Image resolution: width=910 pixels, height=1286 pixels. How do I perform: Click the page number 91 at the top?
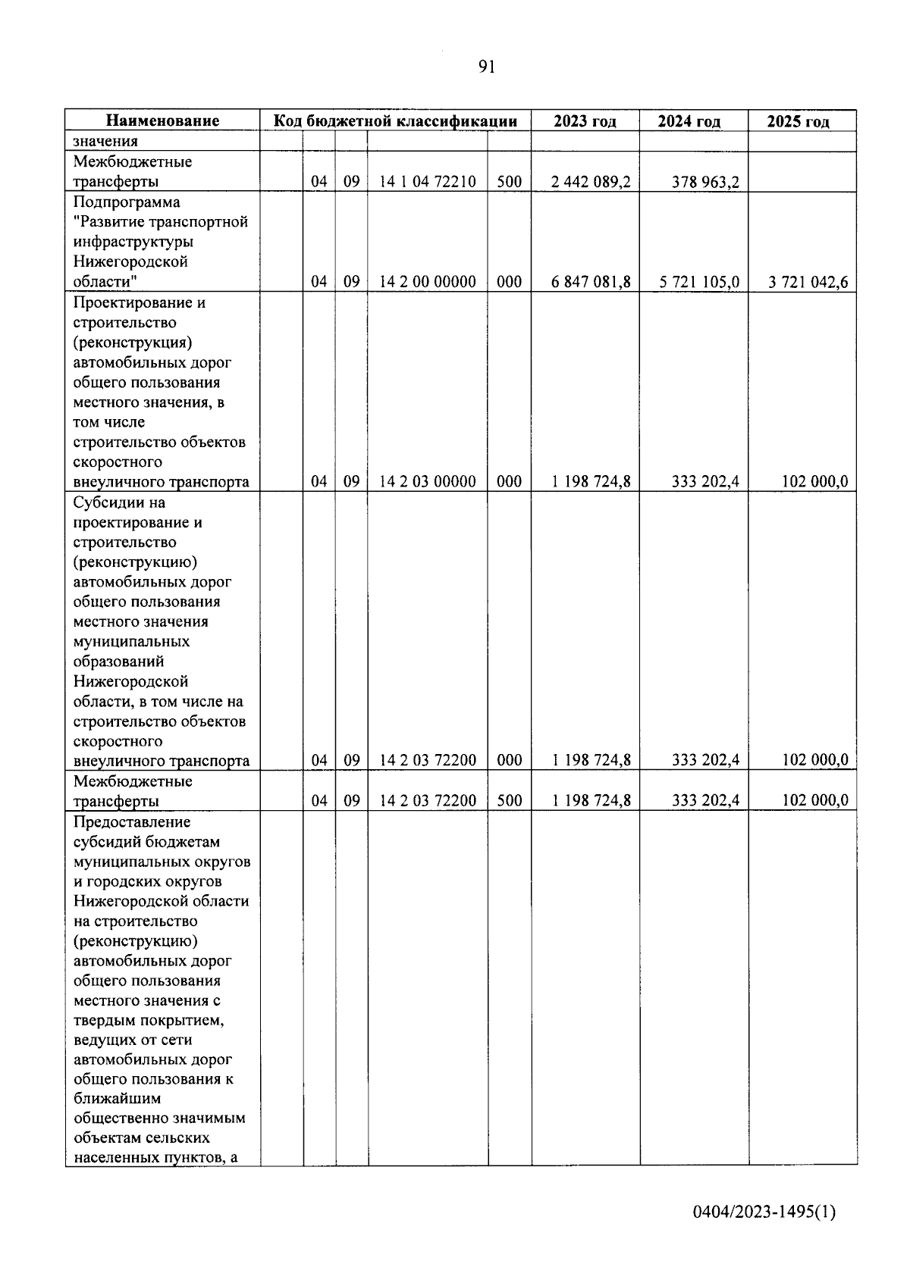pyautogui.click(x=487, y=67)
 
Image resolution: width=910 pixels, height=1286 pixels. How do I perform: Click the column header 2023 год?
pyautogui.click(x=585, y=121)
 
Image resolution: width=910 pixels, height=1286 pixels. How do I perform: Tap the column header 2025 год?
pyautogui.click(x=798, y=121)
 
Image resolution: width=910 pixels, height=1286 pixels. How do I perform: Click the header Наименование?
pyautogui.click(x=163, y=120)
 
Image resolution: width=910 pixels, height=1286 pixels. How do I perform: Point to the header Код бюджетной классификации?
pyautogui.click(x=395, y=120)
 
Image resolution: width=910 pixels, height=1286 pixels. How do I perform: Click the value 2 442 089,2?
pyautogui.click(x=591, y=182)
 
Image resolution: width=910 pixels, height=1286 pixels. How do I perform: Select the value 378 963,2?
pyautogui.click(x=705, y=182)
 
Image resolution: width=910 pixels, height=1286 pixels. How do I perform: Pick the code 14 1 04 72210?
pyautogui.click(x=428, y=182)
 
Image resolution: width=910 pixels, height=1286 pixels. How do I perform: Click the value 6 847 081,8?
pyautogui.click(x=591, y=282)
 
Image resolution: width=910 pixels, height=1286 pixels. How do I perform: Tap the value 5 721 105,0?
pyautogui.click(x=699, y=282)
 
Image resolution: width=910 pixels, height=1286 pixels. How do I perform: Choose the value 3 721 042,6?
pyautogui.click(x=808, y=282)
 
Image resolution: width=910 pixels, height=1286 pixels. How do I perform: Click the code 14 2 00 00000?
pyautogui.click(x=428, y=282)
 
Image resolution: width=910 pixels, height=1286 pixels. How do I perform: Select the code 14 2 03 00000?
pyautogui.click(x=428, y=481)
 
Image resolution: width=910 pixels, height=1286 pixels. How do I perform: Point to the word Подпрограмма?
pyautogui.click(x=127, y=202)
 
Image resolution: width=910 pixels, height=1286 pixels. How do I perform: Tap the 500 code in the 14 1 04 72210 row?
pyautogui.click(x=509, y=182)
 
